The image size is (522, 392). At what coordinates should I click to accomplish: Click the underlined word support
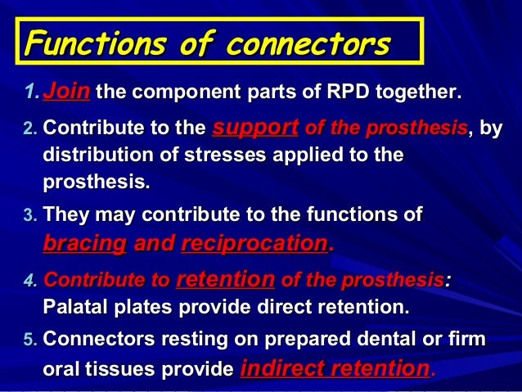254,128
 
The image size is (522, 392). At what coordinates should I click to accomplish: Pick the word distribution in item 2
90,155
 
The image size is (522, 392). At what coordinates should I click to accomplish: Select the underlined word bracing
84,243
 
